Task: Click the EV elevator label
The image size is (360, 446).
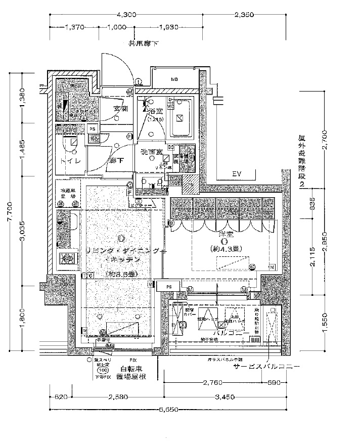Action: tap(236, 174)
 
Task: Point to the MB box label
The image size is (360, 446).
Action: tap(174, 79)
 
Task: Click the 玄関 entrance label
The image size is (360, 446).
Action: tap(120, 109)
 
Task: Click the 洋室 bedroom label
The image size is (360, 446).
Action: tap(226, 234)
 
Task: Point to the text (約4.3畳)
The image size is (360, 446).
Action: tap(226, 248)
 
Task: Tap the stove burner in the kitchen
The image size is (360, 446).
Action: tap(66, 259)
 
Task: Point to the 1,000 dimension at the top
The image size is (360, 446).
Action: tap(116, 27)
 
